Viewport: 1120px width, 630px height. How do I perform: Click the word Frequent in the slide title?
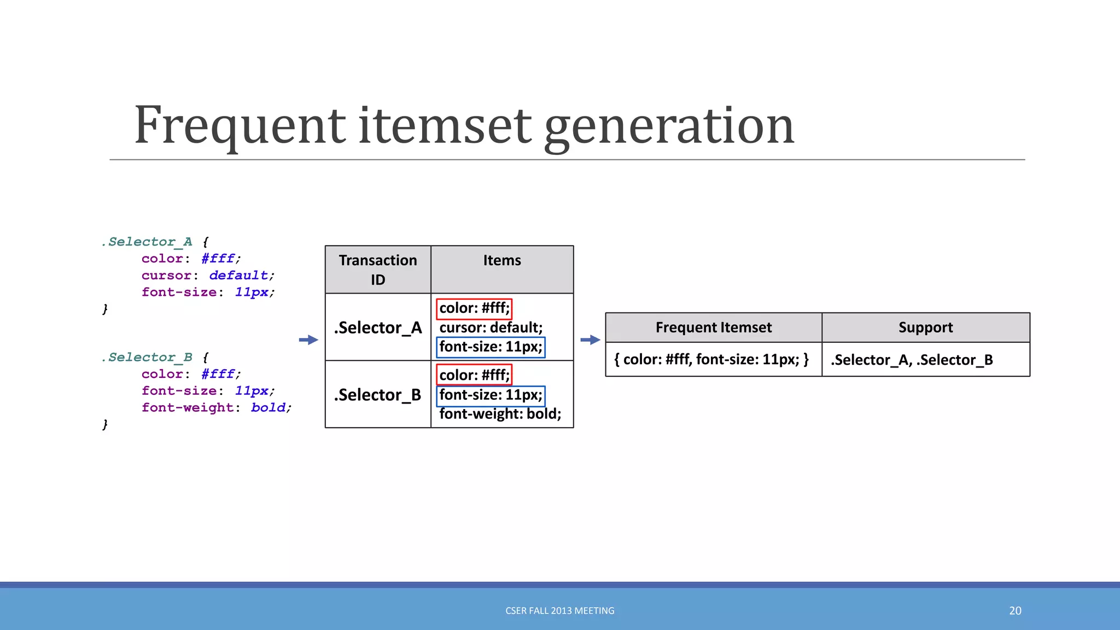[240, 126]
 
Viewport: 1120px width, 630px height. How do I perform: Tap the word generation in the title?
[669, 127]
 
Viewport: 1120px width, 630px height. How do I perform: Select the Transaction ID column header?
[378, 270]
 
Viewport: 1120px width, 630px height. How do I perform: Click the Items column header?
[502, 261]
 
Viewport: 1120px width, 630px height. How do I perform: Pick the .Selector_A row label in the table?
[378, 328]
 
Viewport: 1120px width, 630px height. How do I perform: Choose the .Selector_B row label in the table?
[378, 395]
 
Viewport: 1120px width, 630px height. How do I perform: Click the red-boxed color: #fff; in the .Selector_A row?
[474, 308]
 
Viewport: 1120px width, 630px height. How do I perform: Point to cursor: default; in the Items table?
[491, 328]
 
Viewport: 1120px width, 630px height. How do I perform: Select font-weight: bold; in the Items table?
[500, 414]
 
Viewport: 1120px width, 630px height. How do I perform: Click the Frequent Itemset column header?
[713, 328]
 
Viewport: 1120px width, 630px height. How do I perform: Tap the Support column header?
[925, 328]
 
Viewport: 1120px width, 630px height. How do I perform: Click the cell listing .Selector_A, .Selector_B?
[912, 360]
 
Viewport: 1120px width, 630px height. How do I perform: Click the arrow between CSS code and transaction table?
[309, 340]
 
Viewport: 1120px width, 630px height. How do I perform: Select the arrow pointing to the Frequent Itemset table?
[590, 340]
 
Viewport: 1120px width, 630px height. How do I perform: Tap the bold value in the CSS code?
[268, 408]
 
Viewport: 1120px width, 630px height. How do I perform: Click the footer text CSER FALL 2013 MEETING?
[559, 611]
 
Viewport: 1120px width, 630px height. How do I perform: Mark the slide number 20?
[1015, 611]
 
